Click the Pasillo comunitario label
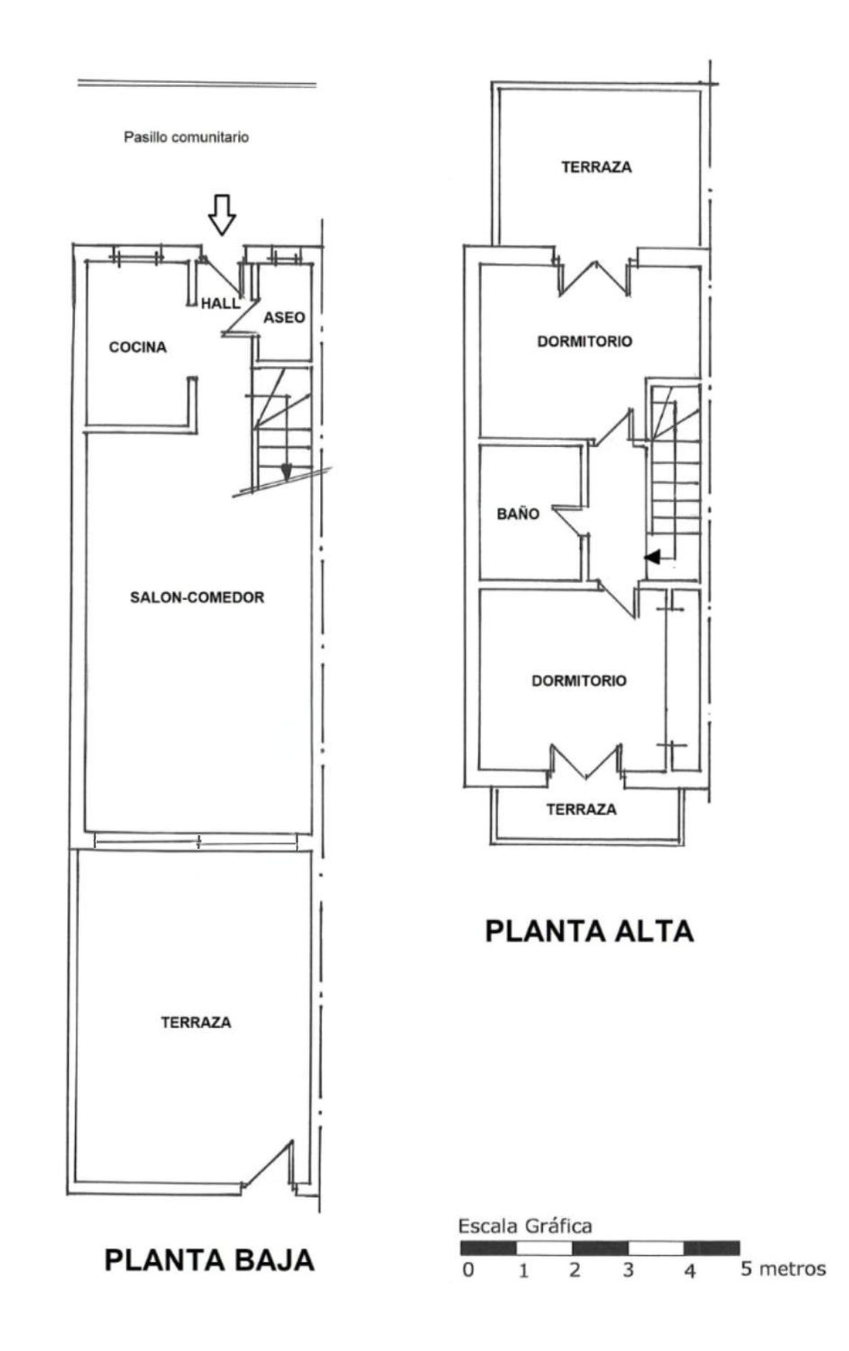pyautogui.click(x=186, y=137)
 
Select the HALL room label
pyautogui.click(x=220, y=303)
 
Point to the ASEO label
pyautogui.click(x=284, y=318)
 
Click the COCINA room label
pyautogui.click(x=138, y=347)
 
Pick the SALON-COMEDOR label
pyautogui.click(x=197, y=597)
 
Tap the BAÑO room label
pyautogui.click(x=517, y=514)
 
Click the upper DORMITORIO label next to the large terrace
pyautogui.click(x=584, y=341)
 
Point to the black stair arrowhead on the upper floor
pyautogui.click(x=653, y=557)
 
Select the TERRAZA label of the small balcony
pyautogui.click(x=581, y=810)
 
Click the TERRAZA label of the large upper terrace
pyautogui.click(x=597, y=167)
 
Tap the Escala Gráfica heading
pyautogui.click(x=525, y=1226)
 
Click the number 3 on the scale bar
pyautogui.click(x=628, y=1270)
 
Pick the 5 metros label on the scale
pyautogui.click(x=783, y=1269)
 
